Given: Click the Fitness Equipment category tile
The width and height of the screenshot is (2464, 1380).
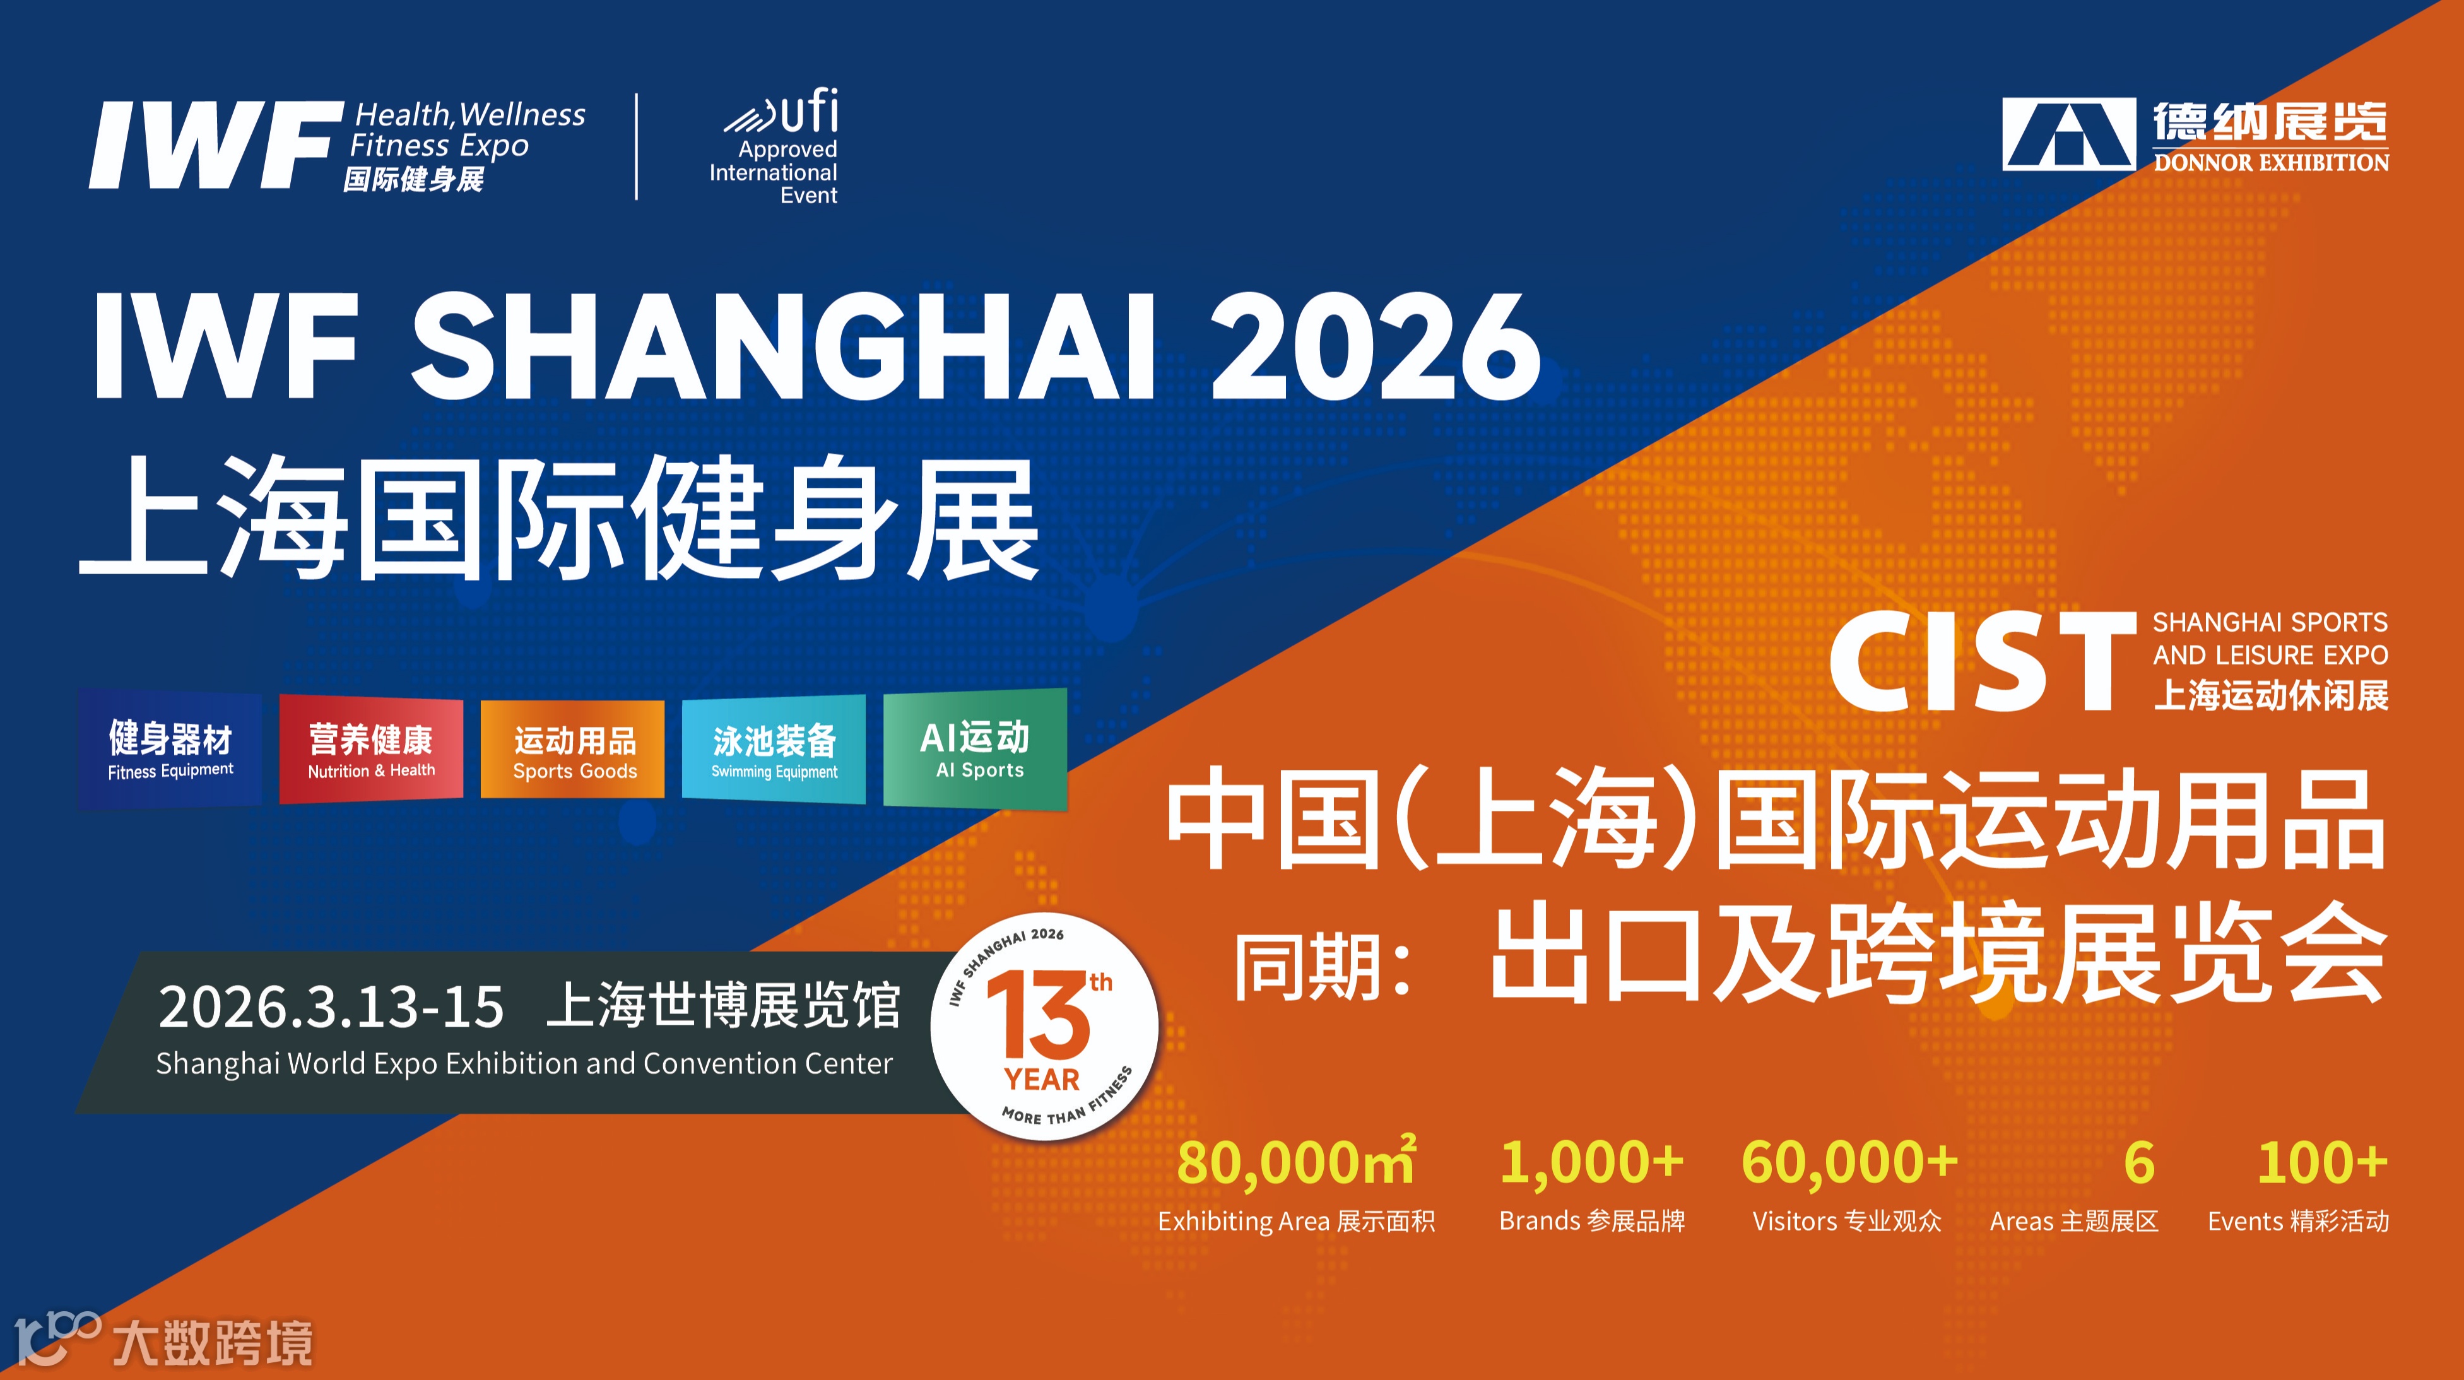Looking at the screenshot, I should click(170, 750).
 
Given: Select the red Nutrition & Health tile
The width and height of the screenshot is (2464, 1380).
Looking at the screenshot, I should click(371, 750).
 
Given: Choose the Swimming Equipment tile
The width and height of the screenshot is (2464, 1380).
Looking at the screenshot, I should click(774, 750).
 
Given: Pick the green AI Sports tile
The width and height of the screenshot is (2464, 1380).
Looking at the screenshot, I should click(975, 749).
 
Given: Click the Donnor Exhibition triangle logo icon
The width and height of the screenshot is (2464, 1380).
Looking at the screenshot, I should click(2068, 134).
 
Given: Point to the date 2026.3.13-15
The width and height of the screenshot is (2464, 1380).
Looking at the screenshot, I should click(331, 1007).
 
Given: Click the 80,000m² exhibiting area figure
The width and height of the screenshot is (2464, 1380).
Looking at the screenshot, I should click(1296, 1163).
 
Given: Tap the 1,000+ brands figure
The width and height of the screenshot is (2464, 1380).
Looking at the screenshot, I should click(1591, 1163).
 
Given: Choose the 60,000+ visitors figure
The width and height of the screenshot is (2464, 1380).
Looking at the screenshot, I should click(1849, 1163).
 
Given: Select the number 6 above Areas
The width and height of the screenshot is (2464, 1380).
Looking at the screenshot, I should click(2139, 1163).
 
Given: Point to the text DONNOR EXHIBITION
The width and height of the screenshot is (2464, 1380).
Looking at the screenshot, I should click(2271, 163).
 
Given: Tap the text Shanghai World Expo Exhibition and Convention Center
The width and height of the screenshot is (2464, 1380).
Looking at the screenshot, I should click(524, 1063).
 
